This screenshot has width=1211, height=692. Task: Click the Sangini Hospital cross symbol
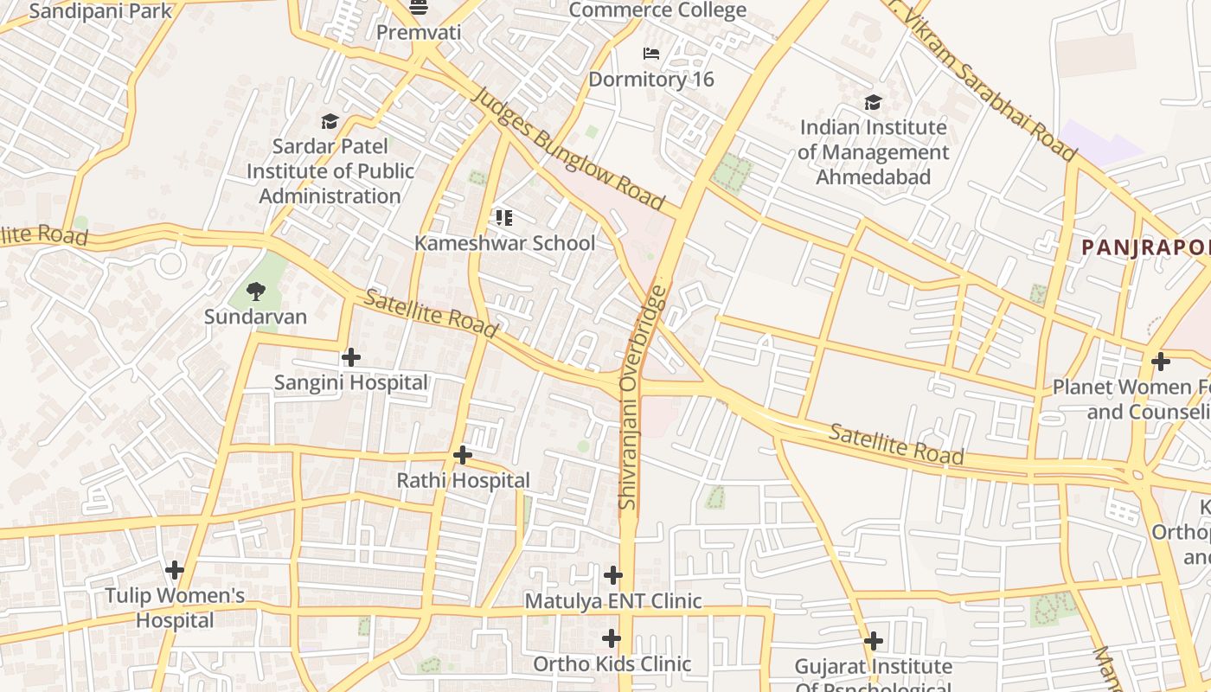[351, 356]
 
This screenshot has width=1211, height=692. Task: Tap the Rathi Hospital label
[463, 480]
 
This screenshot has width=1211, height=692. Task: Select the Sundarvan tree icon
[255, 291]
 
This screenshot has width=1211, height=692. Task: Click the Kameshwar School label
[504, 243]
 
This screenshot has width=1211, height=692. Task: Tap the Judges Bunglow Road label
[567, 151]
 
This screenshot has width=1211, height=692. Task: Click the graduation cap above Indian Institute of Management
[873, 103]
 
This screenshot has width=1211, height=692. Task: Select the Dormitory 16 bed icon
[651, 54]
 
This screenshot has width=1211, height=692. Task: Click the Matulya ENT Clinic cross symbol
[613, 574]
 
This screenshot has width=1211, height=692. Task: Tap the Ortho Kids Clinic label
[612, 664]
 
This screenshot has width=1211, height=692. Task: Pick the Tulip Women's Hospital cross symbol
[175, 570]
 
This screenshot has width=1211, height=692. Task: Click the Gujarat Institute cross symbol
[874, 641]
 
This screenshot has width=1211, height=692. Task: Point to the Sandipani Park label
[101, 11]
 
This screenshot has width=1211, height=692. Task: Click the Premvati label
[419, 32]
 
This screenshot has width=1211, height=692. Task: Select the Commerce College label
[657, 10]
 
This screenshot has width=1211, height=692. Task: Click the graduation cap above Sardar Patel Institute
[330, 121]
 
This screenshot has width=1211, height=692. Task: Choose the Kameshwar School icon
[504, 217]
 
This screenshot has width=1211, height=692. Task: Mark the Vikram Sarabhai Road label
[986, 82]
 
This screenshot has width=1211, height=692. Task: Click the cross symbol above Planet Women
[1161, 361]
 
